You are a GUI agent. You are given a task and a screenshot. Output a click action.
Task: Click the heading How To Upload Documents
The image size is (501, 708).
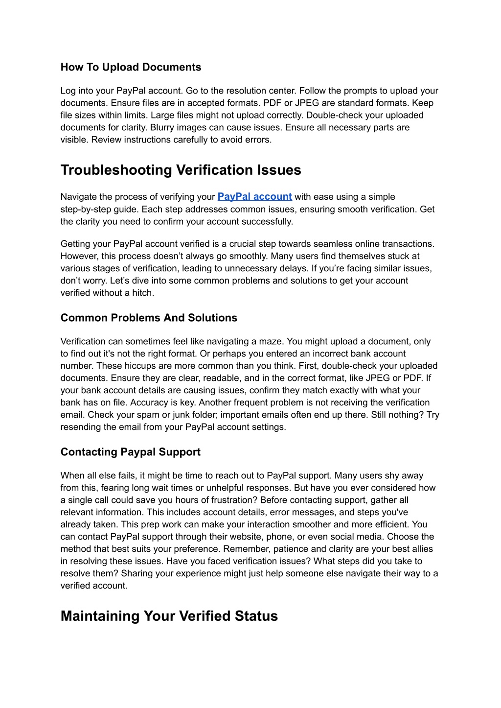(131, 67)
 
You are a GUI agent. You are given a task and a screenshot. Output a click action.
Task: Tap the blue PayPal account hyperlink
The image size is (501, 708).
(254, 196)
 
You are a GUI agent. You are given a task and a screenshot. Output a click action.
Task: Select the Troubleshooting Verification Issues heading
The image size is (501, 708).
(181, 170)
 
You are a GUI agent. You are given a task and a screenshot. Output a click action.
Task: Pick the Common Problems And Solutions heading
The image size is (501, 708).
(149, 318)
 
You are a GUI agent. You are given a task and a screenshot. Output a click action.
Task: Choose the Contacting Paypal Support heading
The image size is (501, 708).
(130, 452)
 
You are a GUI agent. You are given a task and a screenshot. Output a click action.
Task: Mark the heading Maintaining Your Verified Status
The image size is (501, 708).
(169, 616)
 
